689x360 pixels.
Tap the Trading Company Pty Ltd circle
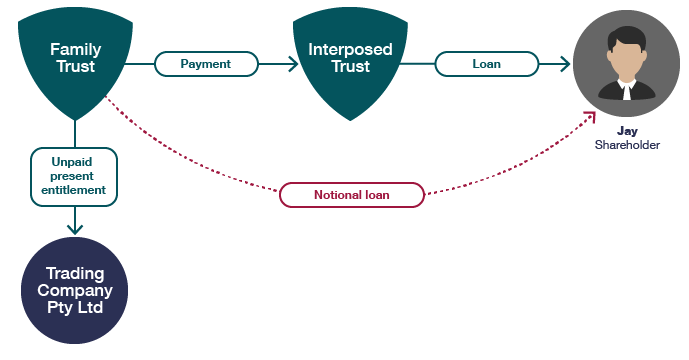(x=75, y=291)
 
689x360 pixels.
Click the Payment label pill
(x=205, y=64)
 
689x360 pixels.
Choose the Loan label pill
(x=486, y=64)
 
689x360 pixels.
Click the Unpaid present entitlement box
(x=74, y=177)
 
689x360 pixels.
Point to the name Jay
(x=627, y=131)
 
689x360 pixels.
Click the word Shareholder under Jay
(x=627, y=145)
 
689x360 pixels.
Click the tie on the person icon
(x=626, y=91)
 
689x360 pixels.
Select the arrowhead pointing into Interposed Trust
(x=293, y=64)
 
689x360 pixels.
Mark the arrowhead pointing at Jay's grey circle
(x=565, y=64)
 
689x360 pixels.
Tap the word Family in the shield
(x=75, y=48)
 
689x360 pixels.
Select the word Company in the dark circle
(x=75, y=291)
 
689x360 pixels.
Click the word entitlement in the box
(x=74, y=190)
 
